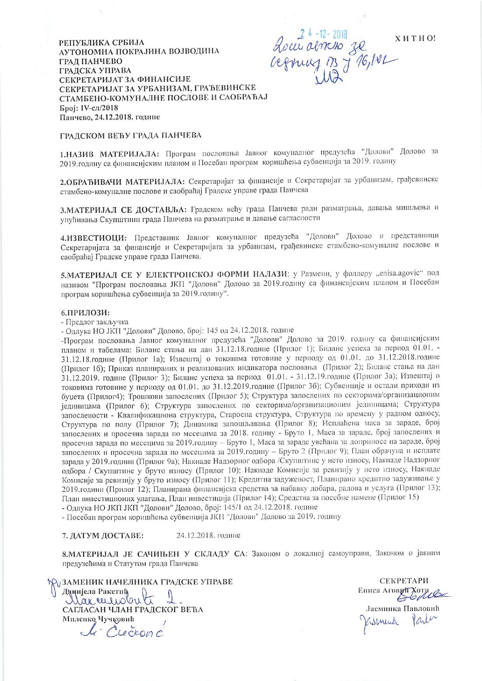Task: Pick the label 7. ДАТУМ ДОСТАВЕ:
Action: (103, 535)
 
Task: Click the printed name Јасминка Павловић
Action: (405, 608)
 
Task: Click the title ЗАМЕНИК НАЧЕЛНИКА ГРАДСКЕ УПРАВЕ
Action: (147, 582)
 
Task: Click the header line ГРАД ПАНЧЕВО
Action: (91, 61)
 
